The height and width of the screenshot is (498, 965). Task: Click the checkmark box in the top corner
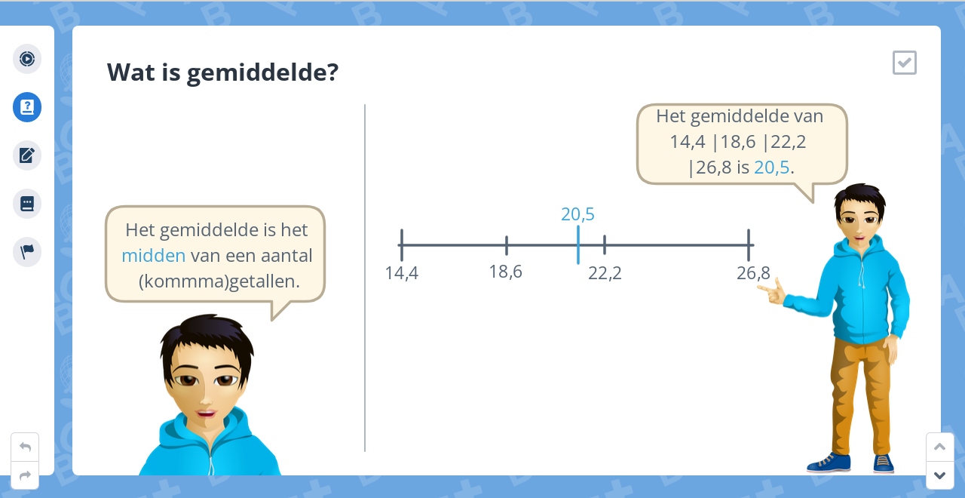point(904,63)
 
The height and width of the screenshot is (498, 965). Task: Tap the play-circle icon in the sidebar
point(27,59)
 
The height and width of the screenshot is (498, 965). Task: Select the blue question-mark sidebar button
point(27,107)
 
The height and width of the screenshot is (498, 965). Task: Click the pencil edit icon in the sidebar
point(27,155)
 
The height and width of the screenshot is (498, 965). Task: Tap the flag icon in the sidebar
point(27,252)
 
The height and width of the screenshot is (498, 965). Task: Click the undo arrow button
point(25,447)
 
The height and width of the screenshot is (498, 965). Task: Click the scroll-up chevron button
point(939,447)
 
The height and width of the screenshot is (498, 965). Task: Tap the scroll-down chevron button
point(939,475)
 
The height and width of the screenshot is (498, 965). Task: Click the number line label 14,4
point(402,273)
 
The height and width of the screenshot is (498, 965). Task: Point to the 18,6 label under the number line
point(505,272)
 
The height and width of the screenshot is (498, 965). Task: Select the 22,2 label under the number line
point(605,273)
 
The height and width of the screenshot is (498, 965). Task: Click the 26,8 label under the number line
point(753,273)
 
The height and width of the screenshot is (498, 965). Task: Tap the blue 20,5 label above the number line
point(577,214)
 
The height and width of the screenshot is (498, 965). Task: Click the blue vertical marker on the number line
point(577,244)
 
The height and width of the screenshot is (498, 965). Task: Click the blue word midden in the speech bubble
point(153,256)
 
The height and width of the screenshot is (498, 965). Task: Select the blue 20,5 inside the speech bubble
point(772,168)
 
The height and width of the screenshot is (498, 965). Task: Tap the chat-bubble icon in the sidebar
point(27,204)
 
